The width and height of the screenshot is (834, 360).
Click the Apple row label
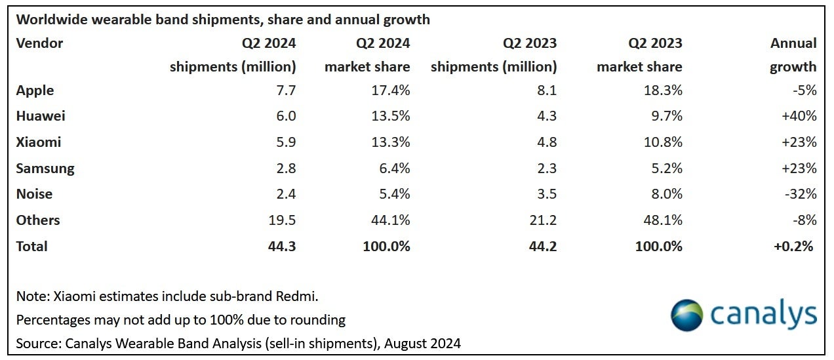point(35,90)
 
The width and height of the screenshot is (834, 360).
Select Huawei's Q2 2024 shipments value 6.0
point(287,116)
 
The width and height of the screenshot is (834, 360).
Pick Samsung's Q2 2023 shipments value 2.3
point(547,169)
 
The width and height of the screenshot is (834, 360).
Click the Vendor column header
point(39,43)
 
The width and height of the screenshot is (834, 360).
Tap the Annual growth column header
point(793,55)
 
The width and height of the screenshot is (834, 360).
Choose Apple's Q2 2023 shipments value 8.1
point(547,90)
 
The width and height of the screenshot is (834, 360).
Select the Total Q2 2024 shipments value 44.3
point(283,247)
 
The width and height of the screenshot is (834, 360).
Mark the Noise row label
point(34,194)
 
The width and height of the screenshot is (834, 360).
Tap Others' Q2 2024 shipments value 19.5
point(283,220)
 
